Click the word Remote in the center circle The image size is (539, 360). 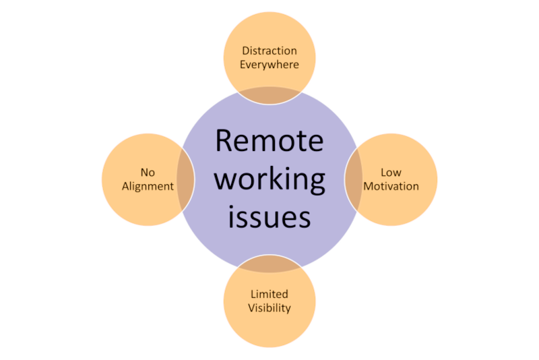[269, 141]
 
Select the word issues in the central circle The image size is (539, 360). [269, 217]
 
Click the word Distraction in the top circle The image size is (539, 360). [269, 51]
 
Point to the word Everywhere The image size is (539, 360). [269, 65]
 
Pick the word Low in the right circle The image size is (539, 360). [391, 172]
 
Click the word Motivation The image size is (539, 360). [391, 185]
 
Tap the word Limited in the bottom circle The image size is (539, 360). [269, 294]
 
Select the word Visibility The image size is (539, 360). [269, 308]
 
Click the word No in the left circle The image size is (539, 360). [148, 172]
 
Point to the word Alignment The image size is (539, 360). [148, 185]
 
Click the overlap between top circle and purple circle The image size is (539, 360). [269, 96]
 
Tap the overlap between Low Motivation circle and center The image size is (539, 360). [353, 179]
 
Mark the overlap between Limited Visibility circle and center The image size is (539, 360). [269, 264]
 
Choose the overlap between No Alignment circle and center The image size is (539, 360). [186, 179]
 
